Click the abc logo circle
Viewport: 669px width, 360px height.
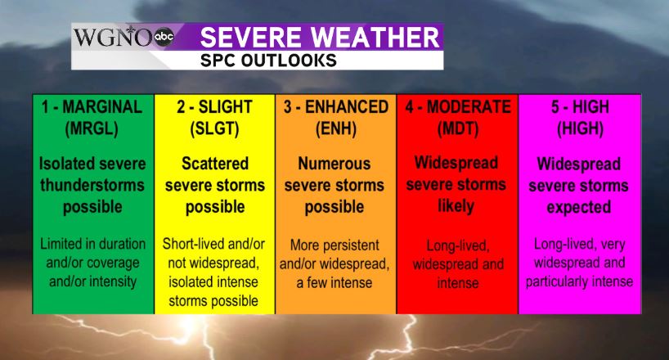[x=164, y=37]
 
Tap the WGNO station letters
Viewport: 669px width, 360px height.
[x=113, y=37]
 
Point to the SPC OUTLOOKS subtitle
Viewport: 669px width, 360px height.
[x=268, y=61]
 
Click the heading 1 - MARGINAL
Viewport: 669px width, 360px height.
[x=92, y=106]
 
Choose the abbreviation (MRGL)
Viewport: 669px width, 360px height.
[x=92, y=128]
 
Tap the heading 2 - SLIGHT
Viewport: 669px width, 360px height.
[x=214, y=106]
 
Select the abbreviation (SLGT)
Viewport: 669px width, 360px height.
[x=214, y=128]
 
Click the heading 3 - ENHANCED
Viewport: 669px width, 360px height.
[x=336, y=106]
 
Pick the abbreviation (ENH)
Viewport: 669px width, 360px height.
[x=336, y=128]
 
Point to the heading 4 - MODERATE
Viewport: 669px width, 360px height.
[x=458, y=106]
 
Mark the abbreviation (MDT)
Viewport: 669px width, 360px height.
[x=458, y=128]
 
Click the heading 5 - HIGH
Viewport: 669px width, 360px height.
[x=580, y=106]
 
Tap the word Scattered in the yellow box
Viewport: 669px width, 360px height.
[x=215, y=164]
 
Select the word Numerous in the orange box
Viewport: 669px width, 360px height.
[x=334, y=164]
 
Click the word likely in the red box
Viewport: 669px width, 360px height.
[x=456, y=206]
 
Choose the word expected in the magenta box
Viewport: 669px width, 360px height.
[x=579, y=208]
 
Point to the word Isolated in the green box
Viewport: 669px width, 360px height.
[x=65, y=164]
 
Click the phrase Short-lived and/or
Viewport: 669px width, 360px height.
[x=213, y=244]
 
